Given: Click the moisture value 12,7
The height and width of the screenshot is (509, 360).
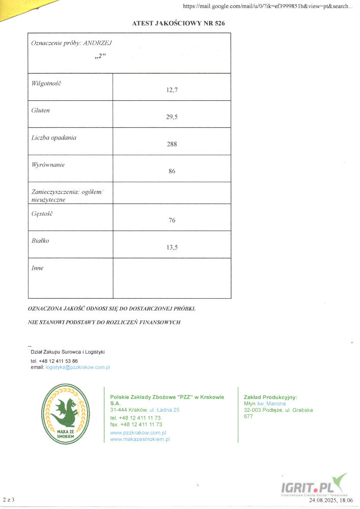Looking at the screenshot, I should pyautogui.click(x=172, y=90).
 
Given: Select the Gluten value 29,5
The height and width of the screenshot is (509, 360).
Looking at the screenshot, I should pyautogui.click(x=172, y=117).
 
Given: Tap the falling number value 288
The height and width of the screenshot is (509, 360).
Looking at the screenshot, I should pyautogui.click(x=172, y=144).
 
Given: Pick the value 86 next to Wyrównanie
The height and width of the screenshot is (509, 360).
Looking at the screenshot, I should pyautogui.click(x=172, y=171).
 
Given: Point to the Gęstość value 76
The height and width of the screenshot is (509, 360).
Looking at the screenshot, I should pyautogui.click(x=172, y=220).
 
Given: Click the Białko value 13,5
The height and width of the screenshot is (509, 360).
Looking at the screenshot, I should pyautogui.click(x=172, y=247).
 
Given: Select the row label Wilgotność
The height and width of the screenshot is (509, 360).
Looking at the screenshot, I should pyautogui.click(x=46, y=82).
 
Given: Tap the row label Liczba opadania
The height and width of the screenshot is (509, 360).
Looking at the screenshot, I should pyautogui.click(x=54, y=137).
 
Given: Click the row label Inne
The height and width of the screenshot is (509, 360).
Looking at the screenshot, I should pyautogui.click(x=38, y=268).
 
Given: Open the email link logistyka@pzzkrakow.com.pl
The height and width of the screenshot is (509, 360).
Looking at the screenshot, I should pyautogui.click(x=77, y=367).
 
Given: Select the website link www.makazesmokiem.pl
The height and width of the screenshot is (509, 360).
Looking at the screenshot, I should pyautogui.click(x=140, y=439).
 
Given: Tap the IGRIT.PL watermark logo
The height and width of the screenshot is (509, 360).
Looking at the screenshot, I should pyautogui.click(x=312, y=489).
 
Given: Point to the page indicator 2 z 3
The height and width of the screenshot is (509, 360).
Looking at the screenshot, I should pyautogui.click(x=9, y=501).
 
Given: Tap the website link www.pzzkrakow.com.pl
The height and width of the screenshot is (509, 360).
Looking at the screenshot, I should pyautogui.click(x=139, y=432).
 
